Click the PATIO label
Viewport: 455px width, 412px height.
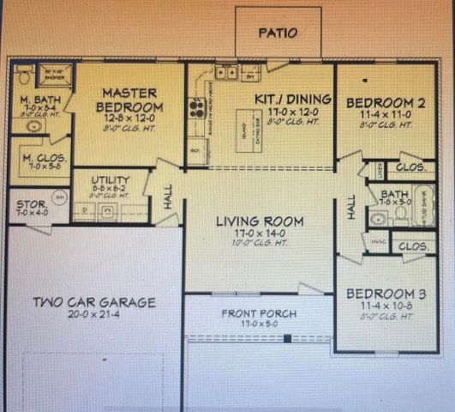click(x=278, y=33)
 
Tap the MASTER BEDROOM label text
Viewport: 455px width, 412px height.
click(x=129, y=100)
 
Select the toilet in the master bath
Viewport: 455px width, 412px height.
click(x=23, y=76)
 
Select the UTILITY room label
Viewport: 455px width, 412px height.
click(x=110, y=181)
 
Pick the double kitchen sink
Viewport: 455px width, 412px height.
click(x=227, y=72)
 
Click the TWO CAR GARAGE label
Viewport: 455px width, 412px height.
click(x=94, y=302)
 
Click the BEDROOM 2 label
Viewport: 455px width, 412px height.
click(x=385, y=104)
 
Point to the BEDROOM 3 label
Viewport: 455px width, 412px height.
click(x=385, y=294)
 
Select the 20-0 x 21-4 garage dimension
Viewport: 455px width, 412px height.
click(x=94, y=315)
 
